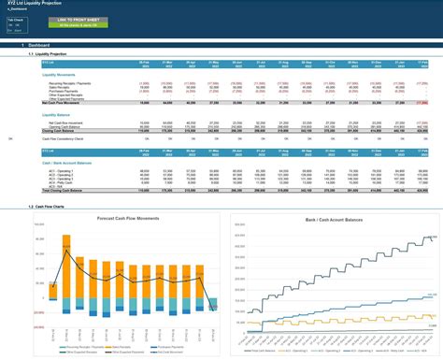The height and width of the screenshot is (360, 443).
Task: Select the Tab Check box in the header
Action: pyautogui.click(x=15, y=19)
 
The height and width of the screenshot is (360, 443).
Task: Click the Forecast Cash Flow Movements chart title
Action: pyautogui.click(x=119, y=217)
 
